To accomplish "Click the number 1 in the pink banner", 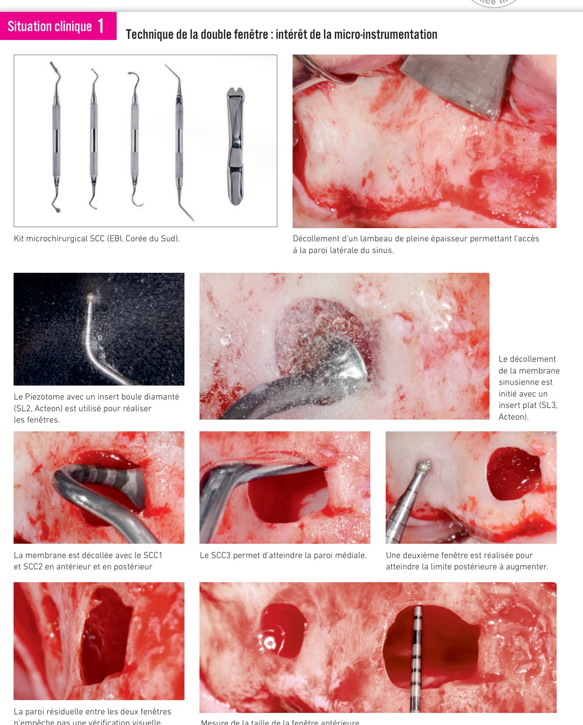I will pos(101,26).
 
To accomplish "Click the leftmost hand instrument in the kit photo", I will pos(56,137).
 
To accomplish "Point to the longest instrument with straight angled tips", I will pos(179,141).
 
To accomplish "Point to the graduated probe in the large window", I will pos(416,657).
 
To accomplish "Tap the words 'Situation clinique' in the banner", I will pos(50,27).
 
